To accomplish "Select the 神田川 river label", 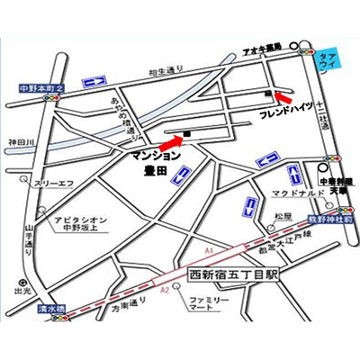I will pyautogui.click(x=19, y=141).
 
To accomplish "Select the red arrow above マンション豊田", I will pyautogui.click(x=166, y=140).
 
